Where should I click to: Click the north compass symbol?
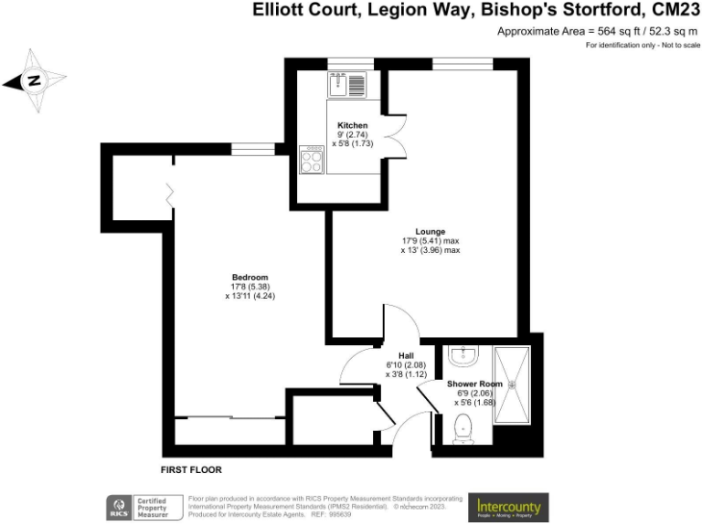(34, 80)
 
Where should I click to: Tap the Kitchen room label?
(353, 125)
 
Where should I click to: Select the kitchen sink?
(346, 84)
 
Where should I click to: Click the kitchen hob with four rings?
(312, 162)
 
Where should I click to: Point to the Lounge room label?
(430, 232)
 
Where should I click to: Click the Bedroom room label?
(250, 278)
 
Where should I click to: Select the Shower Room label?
(474, 384)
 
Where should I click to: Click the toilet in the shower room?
(463, 426)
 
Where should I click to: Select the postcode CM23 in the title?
(672, 11)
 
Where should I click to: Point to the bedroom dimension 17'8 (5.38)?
(250, 287)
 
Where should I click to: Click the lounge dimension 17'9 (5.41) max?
(430, 241)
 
